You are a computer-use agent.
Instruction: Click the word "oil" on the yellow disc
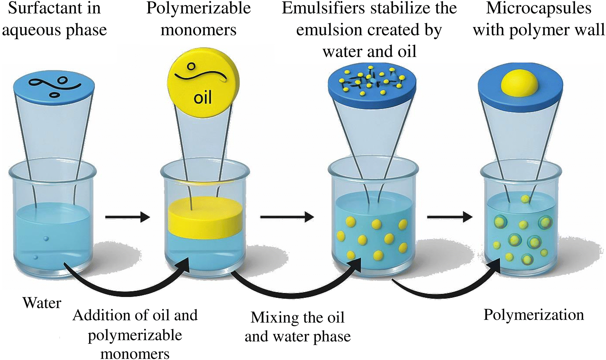[203, 97]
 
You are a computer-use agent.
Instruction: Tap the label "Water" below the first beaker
[42, 303]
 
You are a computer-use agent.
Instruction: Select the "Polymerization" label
[534, 315]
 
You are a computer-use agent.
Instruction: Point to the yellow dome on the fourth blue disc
[520, 83]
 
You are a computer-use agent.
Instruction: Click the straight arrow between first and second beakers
[127, 217]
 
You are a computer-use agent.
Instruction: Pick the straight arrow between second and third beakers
[287, 217]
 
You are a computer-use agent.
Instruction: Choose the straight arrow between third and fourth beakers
[449, 217]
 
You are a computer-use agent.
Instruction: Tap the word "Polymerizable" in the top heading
[199, 9]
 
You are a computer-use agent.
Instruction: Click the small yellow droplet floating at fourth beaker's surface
[525, 199]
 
